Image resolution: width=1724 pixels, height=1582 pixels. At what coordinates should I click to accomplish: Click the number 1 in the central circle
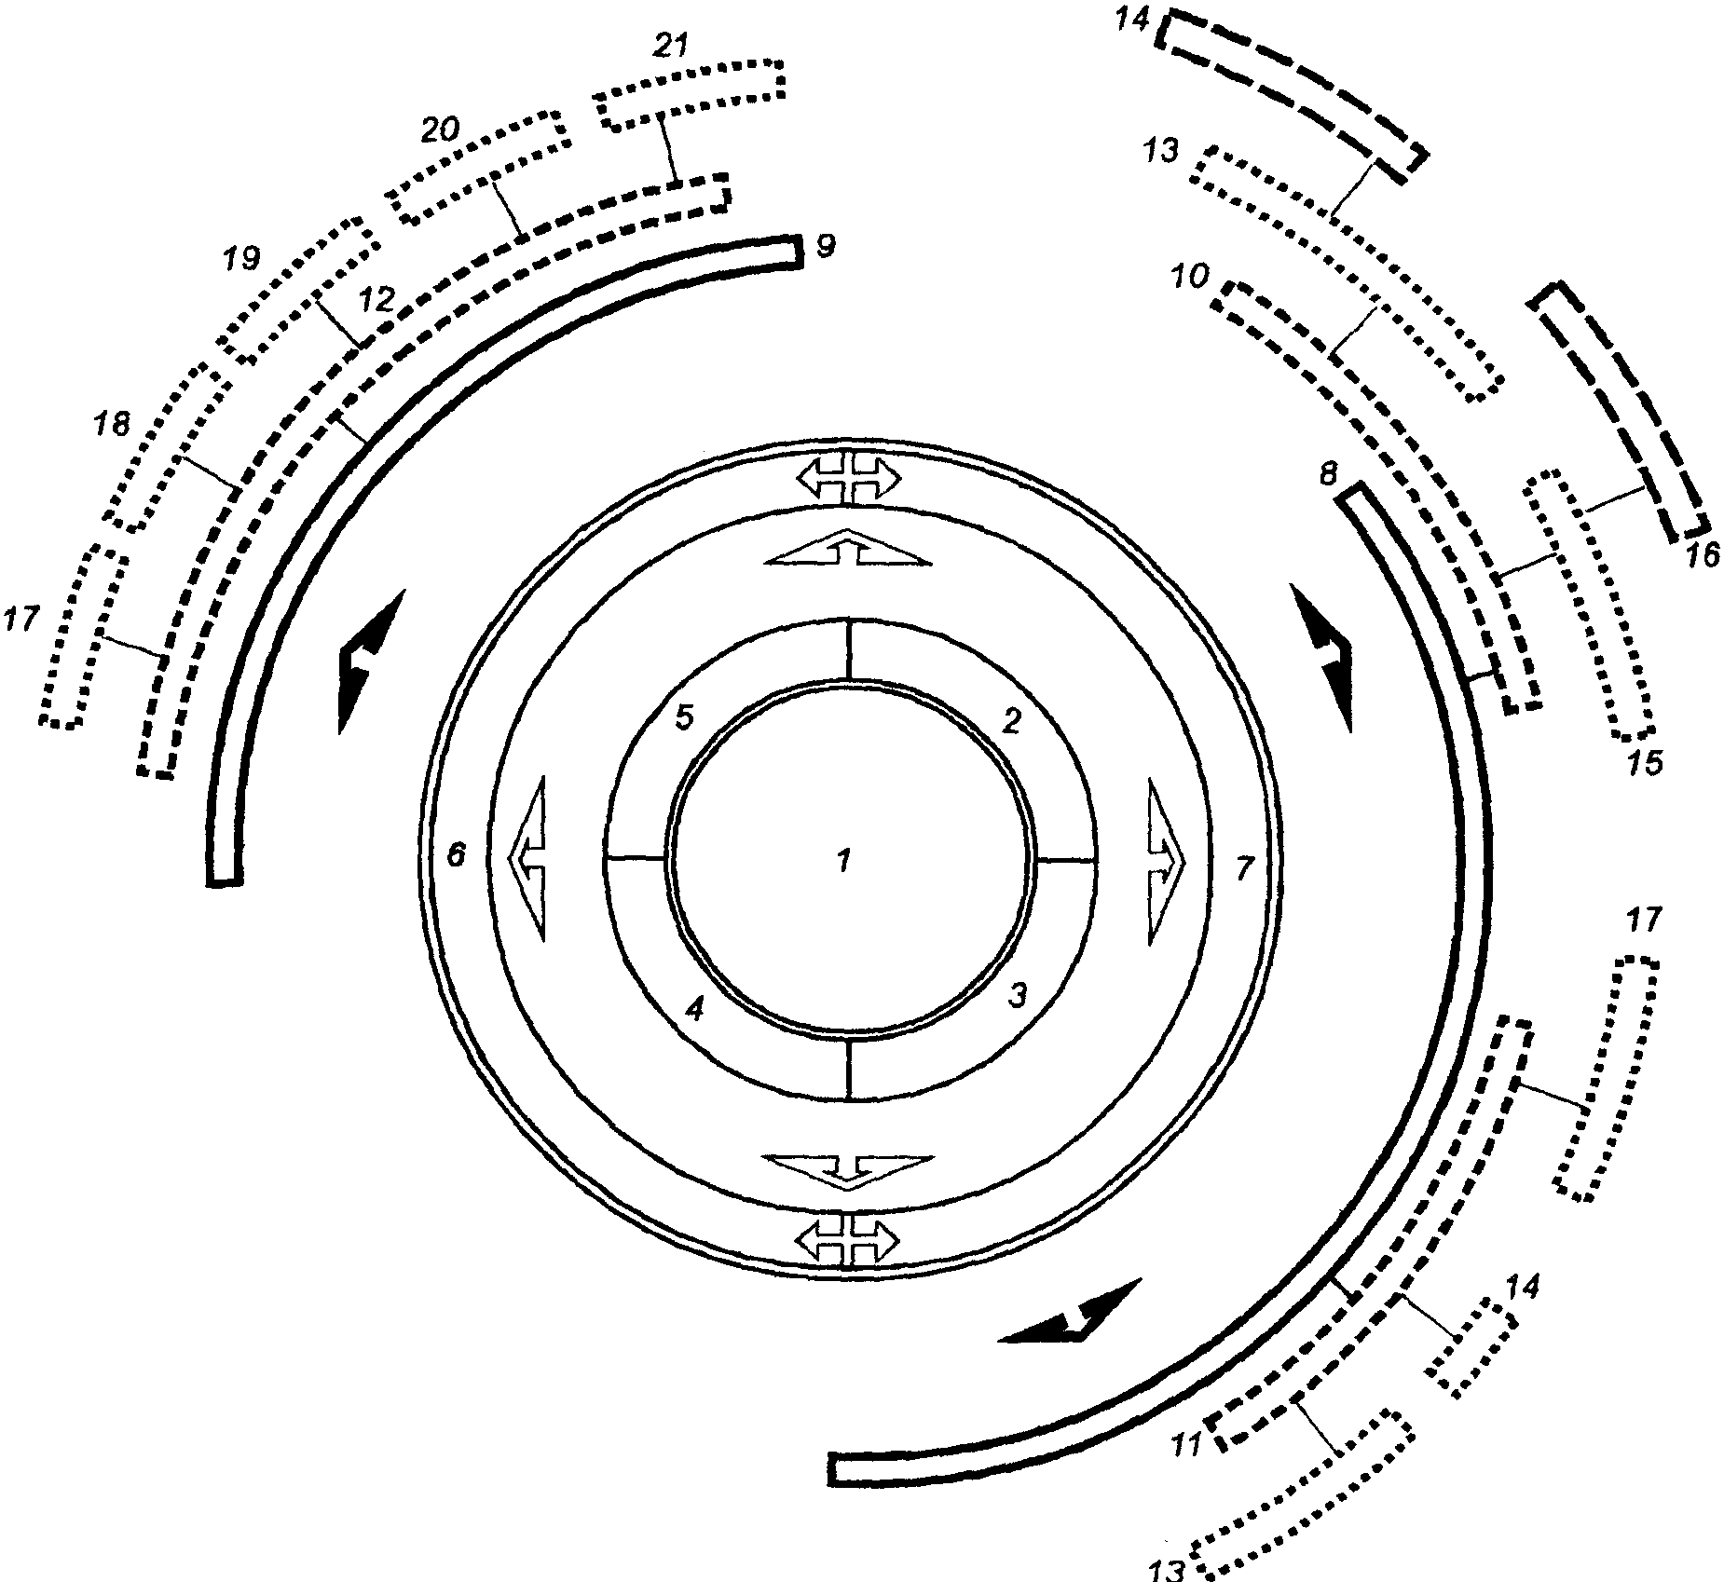pyautogui.click(x=843, y=861)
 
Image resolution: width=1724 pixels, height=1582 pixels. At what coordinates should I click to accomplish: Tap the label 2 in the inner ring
pyautogui.click(x=1012, y=720)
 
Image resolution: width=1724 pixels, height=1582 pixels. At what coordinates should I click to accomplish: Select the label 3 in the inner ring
pyautogui.click(x=1018, y=996)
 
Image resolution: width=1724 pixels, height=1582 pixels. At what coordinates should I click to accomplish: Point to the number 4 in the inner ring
pyautogui.click(x=694, y=1009)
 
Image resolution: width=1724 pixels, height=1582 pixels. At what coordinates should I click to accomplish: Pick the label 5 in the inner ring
pyautogui.click(x=685, y=717)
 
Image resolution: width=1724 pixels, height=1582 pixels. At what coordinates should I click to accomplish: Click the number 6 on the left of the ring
pyautogui.click(x=456, y=854)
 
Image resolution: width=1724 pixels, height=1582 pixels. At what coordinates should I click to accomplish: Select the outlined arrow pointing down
pyautogui.click(x=847, y=1171)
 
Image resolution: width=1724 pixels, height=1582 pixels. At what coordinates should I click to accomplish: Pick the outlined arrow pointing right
pyautogui.click(x=1166, y=863)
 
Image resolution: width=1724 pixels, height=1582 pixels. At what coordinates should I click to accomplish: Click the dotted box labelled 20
pyautogui.click(x=477, y=166)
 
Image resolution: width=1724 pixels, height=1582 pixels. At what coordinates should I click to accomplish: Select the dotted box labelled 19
pyautogui.click(x=300, y=291)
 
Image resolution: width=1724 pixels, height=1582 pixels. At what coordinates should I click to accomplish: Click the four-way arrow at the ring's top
pyautogui.click(x=848, y=479)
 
